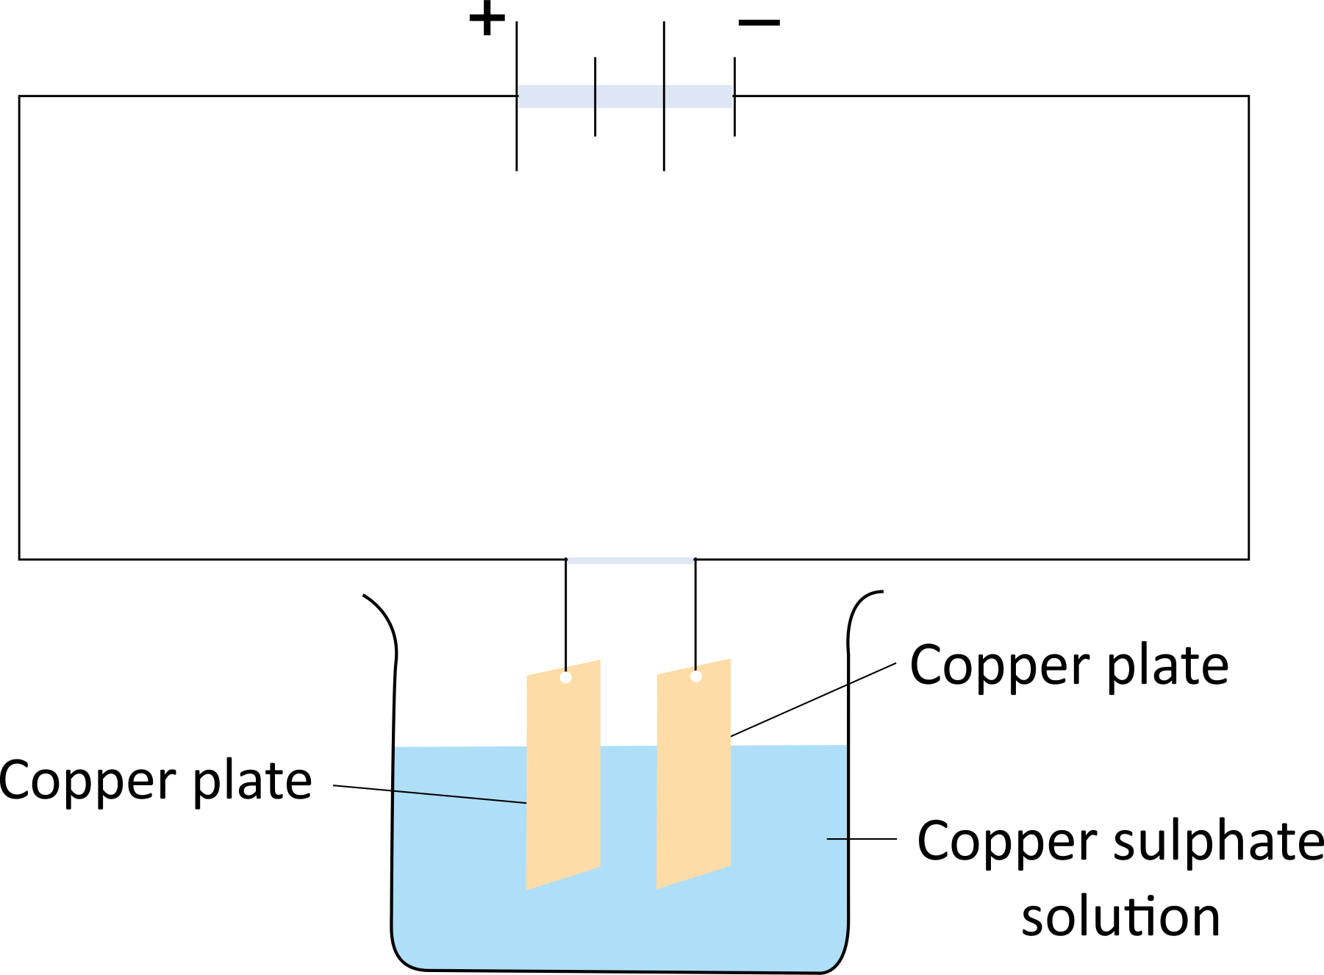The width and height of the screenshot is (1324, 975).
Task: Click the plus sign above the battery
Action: point(487,20)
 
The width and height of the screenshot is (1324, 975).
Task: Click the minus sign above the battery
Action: point(759,23)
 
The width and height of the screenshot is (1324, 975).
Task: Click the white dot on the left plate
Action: point(565,677)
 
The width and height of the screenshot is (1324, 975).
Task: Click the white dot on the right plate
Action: point(696,676)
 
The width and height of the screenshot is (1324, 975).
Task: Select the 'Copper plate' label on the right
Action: point(1069,666)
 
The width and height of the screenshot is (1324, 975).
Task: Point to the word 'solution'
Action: point(1120,917)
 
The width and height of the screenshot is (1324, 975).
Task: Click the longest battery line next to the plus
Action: point(517,96)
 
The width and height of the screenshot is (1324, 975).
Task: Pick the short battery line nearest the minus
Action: point(734,96)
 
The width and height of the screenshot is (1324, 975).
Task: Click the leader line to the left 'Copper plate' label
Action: point(429,794)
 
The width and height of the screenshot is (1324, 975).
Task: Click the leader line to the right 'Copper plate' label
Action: point(813,699)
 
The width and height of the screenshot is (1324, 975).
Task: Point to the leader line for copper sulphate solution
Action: point(862,838)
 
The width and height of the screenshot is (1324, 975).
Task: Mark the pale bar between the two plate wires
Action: point(631,560)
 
